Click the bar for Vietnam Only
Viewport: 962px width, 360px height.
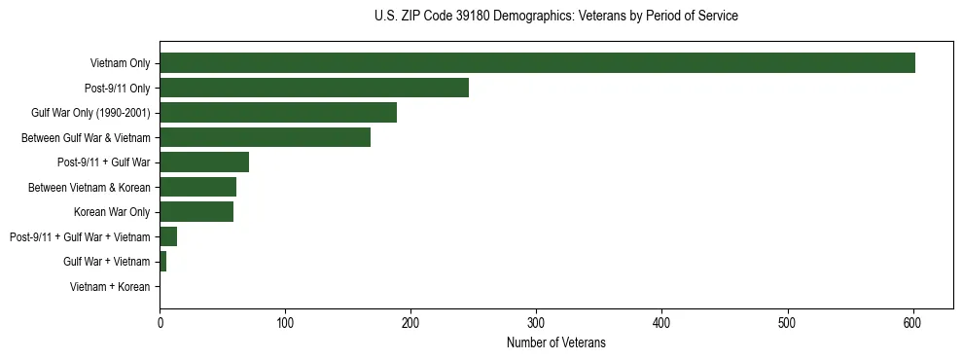click(537, 63)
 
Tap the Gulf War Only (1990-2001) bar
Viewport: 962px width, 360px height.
click(278, 113)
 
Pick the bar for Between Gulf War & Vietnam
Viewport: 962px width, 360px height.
click(265, 137)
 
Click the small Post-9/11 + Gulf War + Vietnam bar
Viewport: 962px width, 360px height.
click(168, 236)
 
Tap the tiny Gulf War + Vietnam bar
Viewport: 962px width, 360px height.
click(163, 262)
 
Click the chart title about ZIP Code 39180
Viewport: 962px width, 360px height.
click(555, 17)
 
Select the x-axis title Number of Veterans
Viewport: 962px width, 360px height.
click(555, 342)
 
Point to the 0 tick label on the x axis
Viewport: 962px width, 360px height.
click(160, 322)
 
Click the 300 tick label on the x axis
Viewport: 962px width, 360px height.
click(536, 322)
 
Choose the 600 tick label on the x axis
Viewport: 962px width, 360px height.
click(912, 322)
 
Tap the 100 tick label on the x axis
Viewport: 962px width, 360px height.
click(285, 322)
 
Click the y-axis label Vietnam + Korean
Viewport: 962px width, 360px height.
click(110, 287)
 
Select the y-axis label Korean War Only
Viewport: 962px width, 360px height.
click(112, 212)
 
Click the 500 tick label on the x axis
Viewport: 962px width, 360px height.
click(787, 322)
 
